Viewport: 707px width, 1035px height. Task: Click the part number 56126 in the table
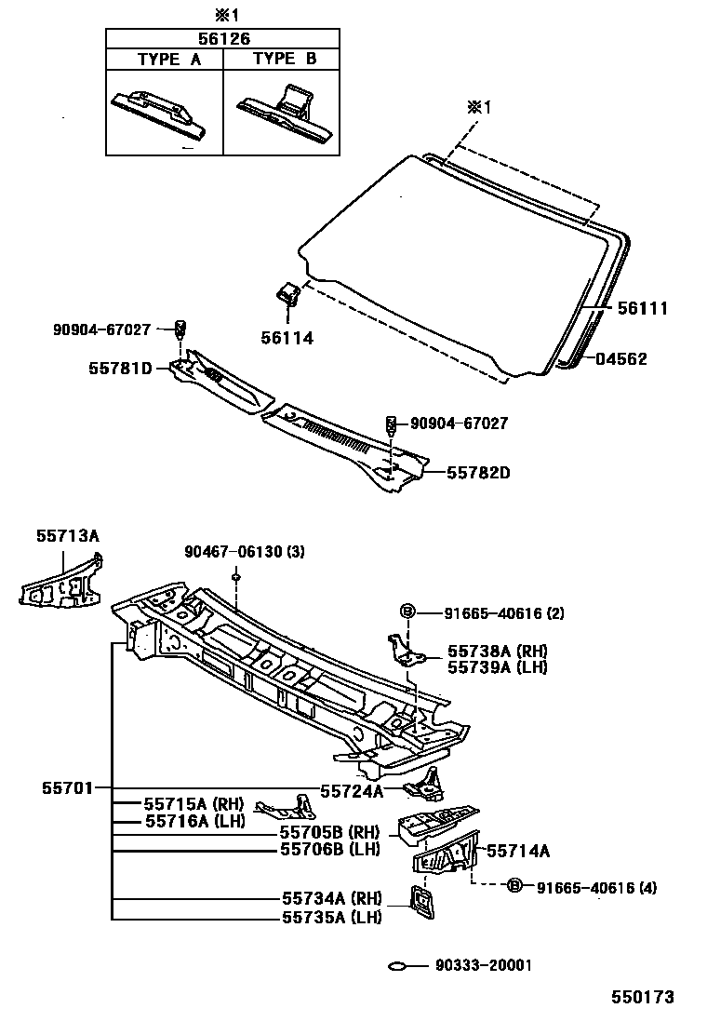point(222,38)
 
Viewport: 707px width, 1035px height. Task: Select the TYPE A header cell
point(165,59)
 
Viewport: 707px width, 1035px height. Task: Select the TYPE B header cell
point(281,59)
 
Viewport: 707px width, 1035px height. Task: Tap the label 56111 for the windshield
point(632,309)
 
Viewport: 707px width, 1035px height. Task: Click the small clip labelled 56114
point(287,294)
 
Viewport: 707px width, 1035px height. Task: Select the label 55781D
point(120,369)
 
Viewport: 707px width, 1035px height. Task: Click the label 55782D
point(478,472)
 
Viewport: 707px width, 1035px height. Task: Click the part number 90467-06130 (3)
point(244,552)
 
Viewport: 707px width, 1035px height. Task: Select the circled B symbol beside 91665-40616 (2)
point(407,612)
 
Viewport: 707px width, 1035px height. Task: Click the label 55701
point(67,787)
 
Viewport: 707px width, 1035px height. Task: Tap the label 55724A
point(352,791)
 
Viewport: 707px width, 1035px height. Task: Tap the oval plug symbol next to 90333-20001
point(398,966)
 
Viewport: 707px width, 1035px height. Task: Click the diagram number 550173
point(641,997)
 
